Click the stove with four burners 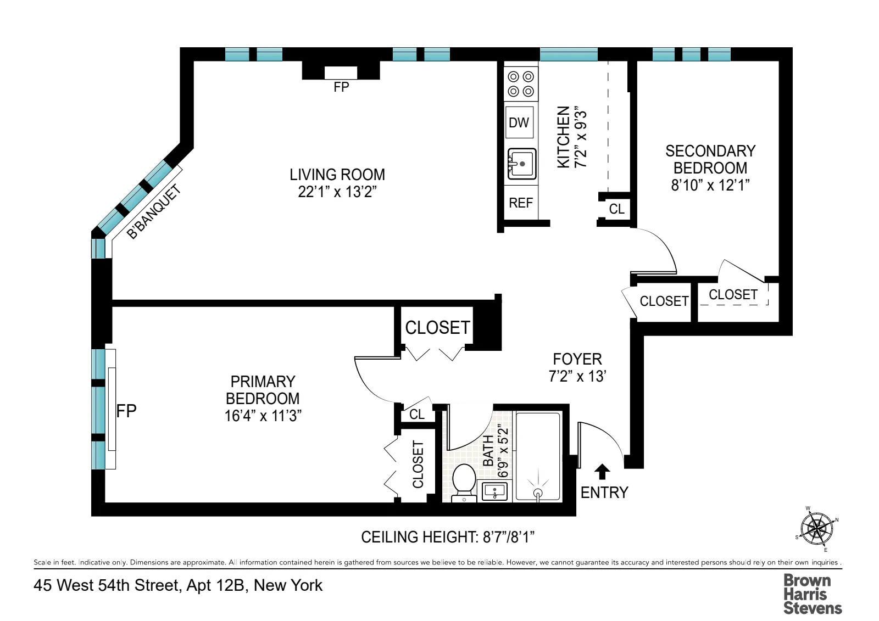click(521, 84)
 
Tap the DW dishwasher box click(519, 122)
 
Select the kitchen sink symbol click(521, 164)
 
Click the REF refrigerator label click(521, 203)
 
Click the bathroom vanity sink click(495, 491)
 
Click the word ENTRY click(604, 493)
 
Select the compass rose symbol click(817, 529)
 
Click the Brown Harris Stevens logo click(812, 594)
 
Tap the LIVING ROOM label click(337, 175)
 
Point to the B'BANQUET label click(153, 211)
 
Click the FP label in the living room click(341, 87)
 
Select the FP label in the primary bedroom click(126, 411)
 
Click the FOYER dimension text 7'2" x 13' click(577, 376)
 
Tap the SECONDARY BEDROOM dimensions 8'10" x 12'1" click(710, 185)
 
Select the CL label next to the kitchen click(616, 209)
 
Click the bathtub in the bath click(538, 456)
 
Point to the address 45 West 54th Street click(178, 585)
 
